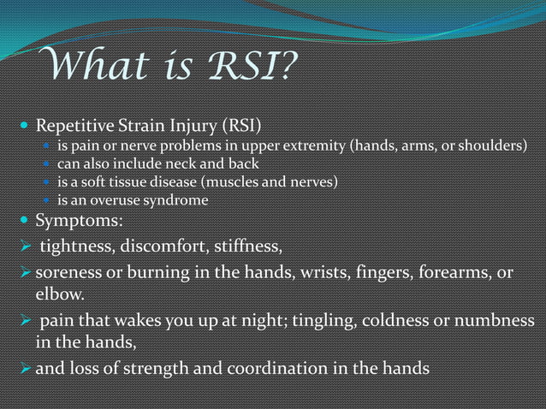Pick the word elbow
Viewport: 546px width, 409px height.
(x=58, y=295)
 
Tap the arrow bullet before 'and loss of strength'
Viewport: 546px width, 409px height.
(x=21, y=370)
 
